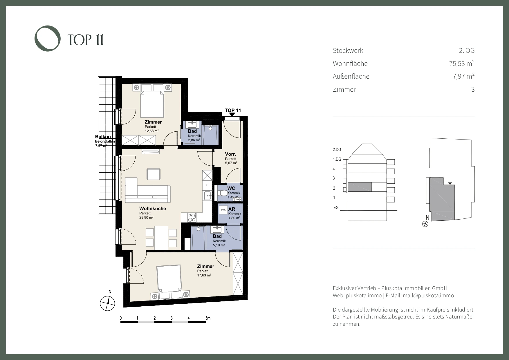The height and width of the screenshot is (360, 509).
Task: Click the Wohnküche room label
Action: pyautogui.click(x=153, y=209)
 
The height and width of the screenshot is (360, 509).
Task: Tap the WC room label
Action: pyautogui.click(x=231, y=188)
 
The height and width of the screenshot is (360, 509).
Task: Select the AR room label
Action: pyautogui.click(x=232, y=209)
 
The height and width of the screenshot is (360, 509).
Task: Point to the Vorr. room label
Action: pyautogui.click(x=230, y=154)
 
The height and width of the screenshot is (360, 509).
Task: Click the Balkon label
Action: pyautogui.click(x=103, y=137)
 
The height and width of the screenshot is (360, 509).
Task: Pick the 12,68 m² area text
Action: pyautogui.click(x=152, y=131)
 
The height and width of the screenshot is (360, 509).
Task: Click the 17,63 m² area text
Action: pyautogui.click(x=204, y=275)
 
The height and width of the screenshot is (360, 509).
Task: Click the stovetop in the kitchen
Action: pyautogui.click(x=192, y=217)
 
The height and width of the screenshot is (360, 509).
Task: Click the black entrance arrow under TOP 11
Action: pyautogui.click(x=232, y=115)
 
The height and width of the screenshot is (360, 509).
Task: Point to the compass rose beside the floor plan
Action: pyautogui.click(x=107, y=303)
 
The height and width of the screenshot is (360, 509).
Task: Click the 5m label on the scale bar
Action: pyautogui.click(x=208, y=318)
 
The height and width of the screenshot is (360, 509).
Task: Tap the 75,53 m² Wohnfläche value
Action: pyautogui.click(x=462, y=63)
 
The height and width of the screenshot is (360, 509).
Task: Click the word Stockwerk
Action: pyautogui.click(x=348, y=50)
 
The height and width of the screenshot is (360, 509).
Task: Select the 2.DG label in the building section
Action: pyautogui.click(x=337, y=150)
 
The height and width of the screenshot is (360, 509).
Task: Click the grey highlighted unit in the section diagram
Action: pyautogui.click(x=360, y=187)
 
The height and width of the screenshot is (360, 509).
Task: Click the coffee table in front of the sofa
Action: pyautogui.click(x=154, y=174)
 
